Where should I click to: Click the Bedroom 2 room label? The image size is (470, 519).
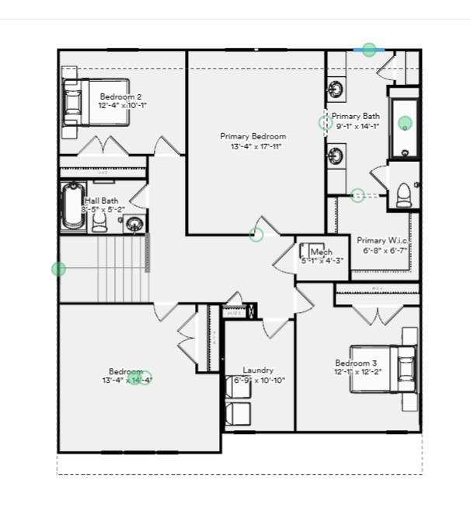120,96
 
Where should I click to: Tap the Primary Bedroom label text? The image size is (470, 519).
252,136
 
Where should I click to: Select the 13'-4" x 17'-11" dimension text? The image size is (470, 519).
255,146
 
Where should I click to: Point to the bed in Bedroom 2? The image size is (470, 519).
93,101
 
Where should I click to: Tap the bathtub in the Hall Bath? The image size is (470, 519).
73,206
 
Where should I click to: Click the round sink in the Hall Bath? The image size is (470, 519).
135,225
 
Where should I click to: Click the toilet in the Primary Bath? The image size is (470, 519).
405,195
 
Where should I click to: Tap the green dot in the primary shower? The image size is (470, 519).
405,123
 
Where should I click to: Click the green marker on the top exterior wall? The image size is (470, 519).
369,50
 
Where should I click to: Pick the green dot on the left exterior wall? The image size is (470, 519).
58,269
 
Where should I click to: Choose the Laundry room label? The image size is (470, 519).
258,370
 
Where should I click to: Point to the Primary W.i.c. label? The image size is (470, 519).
382,241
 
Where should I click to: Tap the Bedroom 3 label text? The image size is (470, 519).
356,363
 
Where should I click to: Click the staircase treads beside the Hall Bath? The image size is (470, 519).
120,268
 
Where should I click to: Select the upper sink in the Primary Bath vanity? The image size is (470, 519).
336,89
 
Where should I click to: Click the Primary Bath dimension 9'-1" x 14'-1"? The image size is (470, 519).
355,127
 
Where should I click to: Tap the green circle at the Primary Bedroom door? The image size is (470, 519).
256,234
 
